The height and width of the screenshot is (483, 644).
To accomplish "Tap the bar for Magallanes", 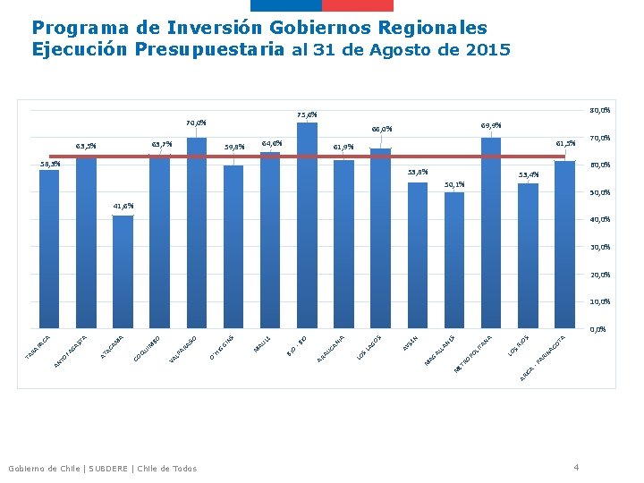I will pos(454,259).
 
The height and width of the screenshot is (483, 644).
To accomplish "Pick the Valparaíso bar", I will pos(197,233).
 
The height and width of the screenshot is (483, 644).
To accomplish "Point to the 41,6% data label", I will pos(123,206).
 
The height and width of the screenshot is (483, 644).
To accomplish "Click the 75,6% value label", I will pos(307,114).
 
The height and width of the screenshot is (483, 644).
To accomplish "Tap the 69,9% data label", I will pos(491,125).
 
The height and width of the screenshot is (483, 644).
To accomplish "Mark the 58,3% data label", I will pos(50,164).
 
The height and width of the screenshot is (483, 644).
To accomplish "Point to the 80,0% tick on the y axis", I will pos(599,110).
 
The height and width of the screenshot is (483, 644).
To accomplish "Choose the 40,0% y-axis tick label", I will pos(599,219).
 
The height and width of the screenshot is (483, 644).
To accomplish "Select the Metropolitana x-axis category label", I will pos(475,353).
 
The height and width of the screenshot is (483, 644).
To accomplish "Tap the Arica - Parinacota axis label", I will pos(546,357).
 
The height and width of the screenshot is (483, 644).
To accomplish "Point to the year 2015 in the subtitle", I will pos(488,50).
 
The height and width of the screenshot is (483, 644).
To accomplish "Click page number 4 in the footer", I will pos(576,467).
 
